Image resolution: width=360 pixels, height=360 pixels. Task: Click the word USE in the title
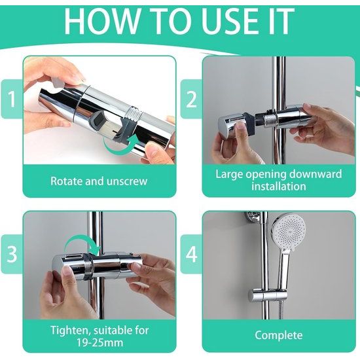coord(232,21)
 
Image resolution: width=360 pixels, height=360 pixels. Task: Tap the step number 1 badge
coord(12,99)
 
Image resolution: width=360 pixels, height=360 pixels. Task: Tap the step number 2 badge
coord(191,99)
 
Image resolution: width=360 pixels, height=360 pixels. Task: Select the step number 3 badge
coord(12,254)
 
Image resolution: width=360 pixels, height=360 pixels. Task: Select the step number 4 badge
coord(191,254)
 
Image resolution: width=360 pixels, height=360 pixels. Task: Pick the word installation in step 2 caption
coord(279,186)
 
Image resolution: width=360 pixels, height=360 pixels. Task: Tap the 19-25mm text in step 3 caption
coord(99,343)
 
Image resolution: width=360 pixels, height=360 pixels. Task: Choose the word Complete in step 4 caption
coord(279,335)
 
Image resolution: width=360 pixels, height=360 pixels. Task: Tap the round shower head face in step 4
coord(289,232)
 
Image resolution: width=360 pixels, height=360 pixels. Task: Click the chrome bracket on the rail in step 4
coord(268,295)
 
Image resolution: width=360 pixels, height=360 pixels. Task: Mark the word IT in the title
coord(281,21)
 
